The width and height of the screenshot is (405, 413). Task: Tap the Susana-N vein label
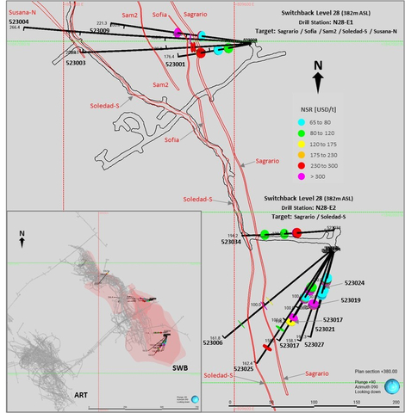(x=22, y=13)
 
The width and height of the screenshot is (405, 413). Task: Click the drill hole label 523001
(x=175, y=65)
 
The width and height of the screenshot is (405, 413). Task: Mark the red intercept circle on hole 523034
(x=296, y=233)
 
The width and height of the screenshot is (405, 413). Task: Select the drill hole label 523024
(x=354, y=283)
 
